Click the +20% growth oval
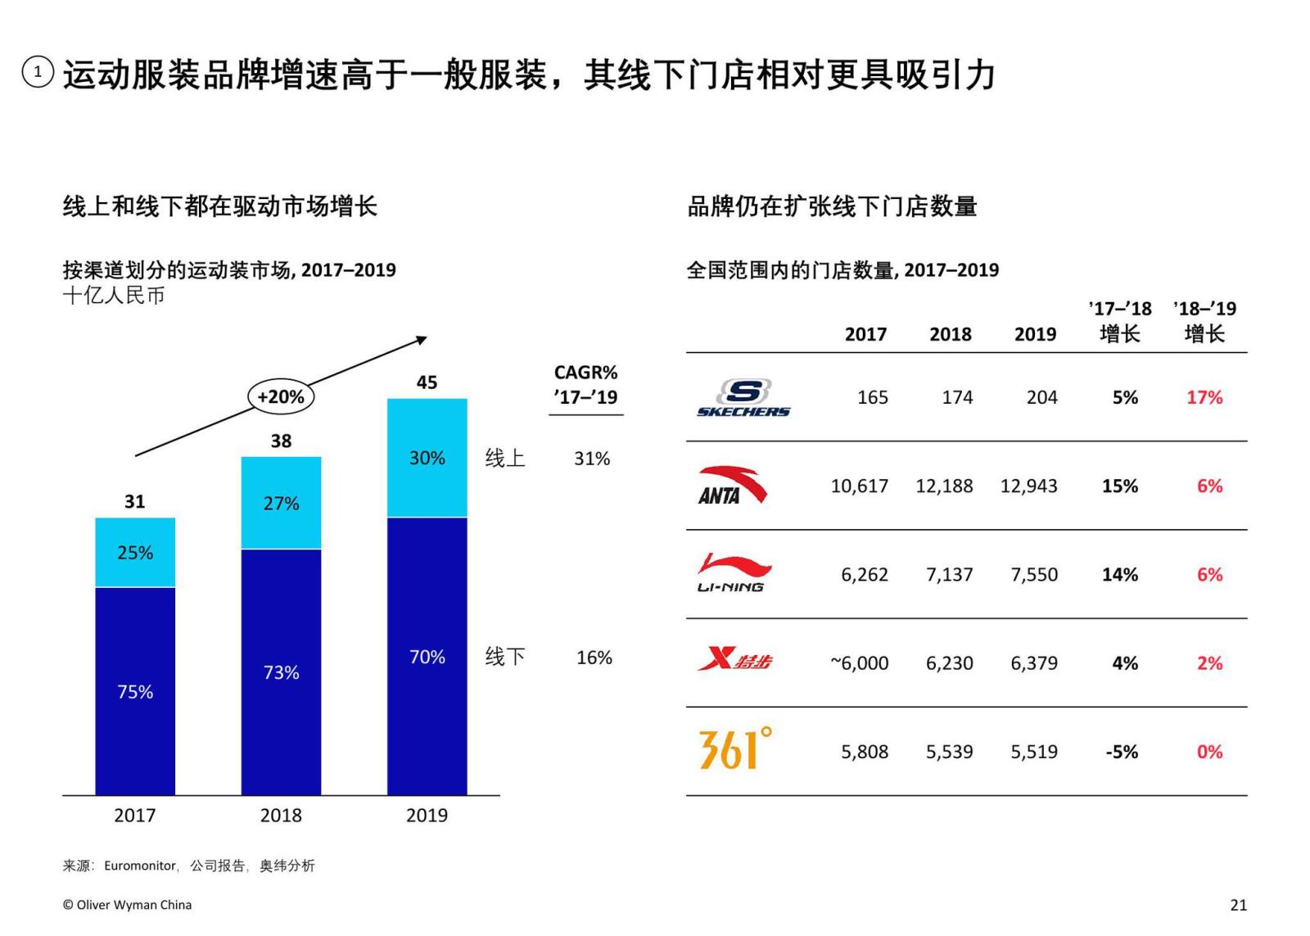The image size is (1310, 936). tap(280, 397)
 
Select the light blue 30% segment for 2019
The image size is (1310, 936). tap(427, 458)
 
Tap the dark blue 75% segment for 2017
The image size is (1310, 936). tap(135, 691)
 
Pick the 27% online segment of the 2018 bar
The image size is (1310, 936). tap(281, 503)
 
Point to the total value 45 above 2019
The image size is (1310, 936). tap(427, 382)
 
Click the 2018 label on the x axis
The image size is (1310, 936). tap(281, 815)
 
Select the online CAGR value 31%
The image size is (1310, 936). tap(591, 459)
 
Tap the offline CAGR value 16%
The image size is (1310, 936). tap(594, 658)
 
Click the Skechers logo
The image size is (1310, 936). tap(743, 398)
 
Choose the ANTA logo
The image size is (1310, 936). tap(731, 486)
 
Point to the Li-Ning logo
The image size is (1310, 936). tap(733, 573)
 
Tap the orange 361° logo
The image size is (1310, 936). tap(735, 748)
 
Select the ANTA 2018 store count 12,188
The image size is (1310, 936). tap(943, 486)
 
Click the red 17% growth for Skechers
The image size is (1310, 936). tap(1204, 398)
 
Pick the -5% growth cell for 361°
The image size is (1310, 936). tap(1121, 752)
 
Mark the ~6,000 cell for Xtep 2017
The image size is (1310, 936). tap(859, 663)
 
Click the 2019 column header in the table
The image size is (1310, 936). tap(1035, 334)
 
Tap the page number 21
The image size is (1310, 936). tap(1238, 905)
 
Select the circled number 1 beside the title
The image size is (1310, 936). tap(38, 72)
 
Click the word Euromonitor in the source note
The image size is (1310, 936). tap(140, 866)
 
